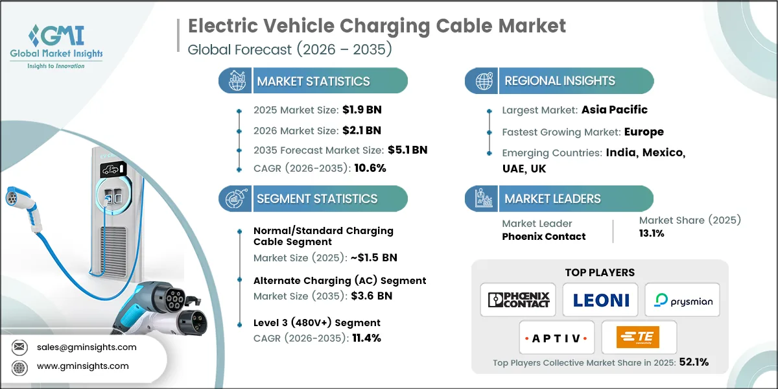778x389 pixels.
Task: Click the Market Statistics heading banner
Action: [x=313, y=81]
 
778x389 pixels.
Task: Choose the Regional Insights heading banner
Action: [x=560, y=81]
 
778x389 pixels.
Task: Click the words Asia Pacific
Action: [x=613, y=110]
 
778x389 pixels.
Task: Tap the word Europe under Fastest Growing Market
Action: [x=643, y=132]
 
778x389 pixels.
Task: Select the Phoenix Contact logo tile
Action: [x=518, y=300]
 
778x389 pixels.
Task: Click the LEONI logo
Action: [x=600, y=300]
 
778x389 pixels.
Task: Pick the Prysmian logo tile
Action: [x=681, y=300]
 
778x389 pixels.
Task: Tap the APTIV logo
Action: [x=556, y=338]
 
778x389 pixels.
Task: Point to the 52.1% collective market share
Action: [x=693, y=362]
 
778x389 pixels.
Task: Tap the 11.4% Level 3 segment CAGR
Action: [x=366, y=337]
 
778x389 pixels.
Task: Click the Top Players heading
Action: [x=600, y=272]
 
